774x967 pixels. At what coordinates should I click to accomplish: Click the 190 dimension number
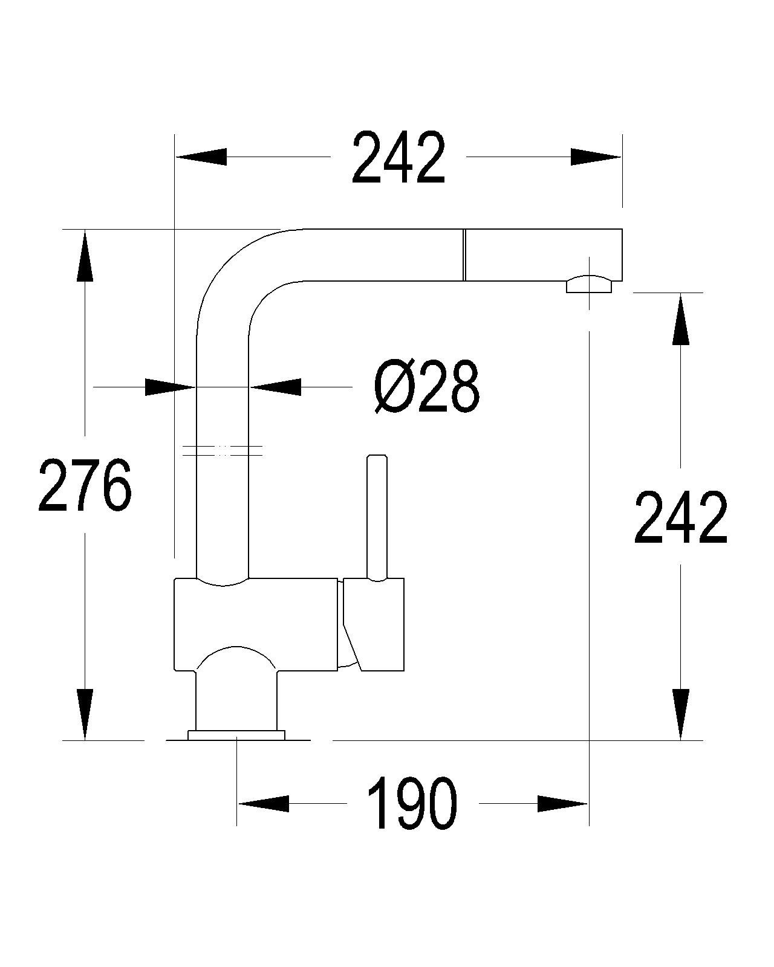click(x=412, y=803)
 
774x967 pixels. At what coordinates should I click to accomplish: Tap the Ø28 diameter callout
click(x=426, y=386)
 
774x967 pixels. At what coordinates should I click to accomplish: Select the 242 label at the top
click(x=398, y=157)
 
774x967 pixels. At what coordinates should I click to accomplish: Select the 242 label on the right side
click(x=680, y=517)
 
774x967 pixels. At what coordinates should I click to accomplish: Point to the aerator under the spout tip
click(x=590, y=285)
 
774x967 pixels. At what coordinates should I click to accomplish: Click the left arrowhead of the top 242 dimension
click(x=201, y=157)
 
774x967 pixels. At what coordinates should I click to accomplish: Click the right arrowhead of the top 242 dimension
click(x=596, y=157)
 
